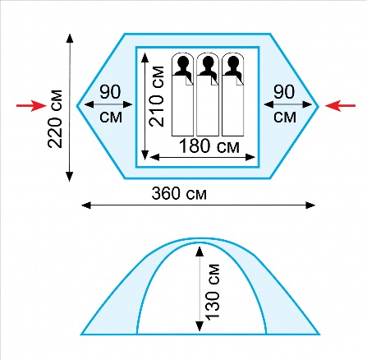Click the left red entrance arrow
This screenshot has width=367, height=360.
tap(31, 105)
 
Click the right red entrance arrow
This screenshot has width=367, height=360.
tap(340, 106)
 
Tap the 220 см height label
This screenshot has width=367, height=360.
tap(55, 119)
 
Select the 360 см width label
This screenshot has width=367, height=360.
tap(179, 193)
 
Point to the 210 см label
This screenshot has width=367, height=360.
tap(157, 96)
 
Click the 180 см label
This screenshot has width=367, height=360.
tap(209, 146)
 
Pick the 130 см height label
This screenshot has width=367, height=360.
tap(213, 292)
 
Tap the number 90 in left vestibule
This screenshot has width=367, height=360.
tap(110, 92)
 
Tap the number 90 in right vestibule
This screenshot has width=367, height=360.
tap(284, 92)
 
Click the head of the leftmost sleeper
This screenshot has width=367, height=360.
tap(183, 62)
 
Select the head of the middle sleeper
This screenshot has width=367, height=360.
tap(208, 62)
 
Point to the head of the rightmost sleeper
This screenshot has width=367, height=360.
tap(233, 62)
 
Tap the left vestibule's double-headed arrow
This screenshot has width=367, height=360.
tap(108, 104)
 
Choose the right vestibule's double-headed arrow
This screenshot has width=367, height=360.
tap(288, 104)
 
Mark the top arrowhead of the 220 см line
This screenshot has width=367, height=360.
tap(70, 39)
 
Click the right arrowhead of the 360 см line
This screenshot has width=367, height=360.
tap(310, 205)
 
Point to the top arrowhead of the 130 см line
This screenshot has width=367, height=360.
tap(200, 252)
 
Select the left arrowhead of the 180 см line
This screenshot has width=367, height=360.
tap(155, 157)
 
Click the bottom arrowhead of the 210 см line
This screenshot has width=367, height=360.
tap(145, 155)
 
